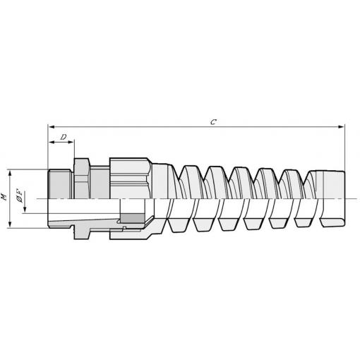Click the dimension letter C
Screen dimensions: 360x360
[213, 122]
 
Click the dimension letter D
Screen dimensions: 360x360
[64, 137]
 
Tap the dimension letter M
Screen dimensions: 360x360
[4, 197]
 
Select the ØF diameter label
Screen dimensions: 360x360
[20, 196]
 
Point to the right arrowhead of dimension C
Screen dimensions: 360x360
[342, 127]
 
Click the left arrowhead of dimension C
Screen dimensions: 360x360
[51, 127]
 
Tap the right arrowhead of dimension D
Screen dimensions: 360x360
[71, 142]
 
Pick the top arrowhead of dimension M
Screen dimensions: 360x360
[10, 174]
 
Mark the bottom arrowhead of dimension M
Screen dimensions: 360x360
[10, 224]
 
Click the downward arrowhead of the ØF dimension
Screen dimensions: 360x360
[25, 210]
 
